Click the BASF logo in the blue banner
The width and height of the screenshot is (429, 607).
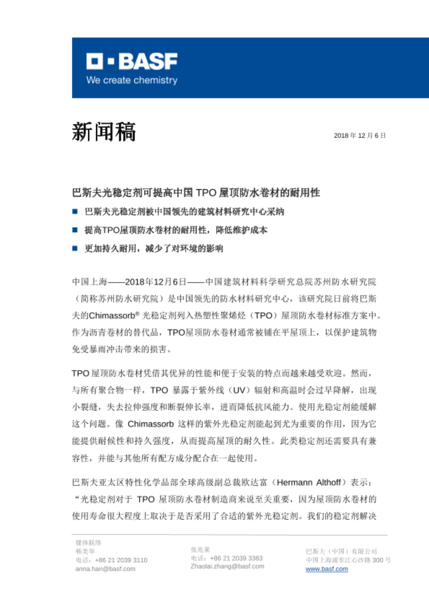click(132, 61)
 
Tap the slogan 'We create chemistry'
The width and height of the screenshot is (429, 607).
click(132, 80)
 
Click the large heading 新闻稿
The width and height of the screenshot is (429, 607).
click(104, 132)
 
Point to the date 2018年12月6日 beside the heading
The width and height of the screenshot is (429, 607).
click(360, 135)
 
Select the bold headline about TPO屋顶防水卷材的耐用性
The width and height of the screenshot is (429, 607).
click(196, 193)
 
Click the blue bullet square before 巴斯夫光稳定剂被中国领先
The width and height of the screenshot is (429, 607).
click(75, 212)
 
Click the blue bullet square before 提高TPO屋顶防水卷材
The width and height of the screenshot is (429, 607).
click(75, 230)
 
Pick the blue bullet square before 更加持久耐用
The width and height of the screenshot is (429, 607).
click(75, 249)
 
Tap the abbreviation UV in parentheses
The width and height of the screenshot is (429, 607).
click(239, 390)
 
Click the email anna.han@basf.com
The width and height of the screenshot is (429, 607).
click(105, 569)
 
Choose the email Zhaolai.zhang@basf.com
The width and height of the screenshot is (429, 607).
click(227, 566)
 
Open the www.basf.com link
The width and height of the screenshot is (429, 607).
click(326, 569)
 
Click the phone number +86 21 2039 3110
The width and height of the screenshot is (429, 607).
click(121, 560)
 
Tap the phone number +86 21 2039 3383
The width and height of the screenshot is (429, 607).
click(236, 558)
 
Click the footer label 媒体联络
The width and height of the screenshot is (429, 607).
click(88, 543)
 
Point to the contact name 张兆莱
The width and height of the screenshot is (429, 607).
click(200, 550)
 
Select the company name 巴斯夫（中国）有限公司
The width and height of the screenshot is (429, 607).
click(341, 551)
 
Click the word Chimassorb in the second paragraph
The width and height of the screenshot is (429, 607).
click(150, 424)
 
